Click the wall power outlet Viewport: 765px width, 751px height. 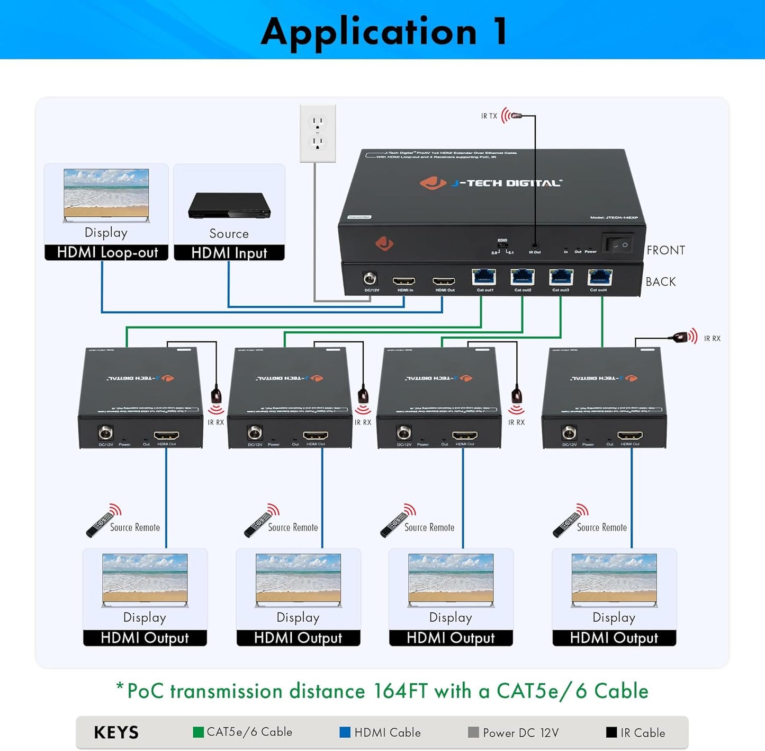point(318,132)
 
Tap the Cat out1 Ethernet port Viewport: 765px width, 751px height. point(484,277)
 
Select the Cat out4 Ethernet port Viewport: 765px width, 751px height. point(600,277)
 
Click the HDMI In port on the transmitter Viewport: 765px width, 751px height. point(404,281)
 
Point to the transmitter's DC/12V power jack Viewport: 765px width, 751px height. point(370,278)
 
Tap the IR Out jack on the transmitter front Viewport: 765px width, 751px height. point(535,245)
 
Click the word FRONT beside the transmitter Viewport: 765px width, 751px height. point(665,250)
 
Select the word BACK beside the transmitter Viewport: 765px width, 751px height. point(660,282)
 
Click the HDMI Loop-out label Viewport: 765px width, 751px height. point(107,253)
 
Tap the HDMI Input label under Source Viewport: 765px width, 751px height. point(229,253)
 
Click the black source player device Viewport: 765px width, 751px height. point(229,206)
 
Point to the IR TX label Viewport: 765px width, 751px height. point(489,116)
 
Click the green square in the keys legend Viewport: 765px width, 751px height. point(199,732)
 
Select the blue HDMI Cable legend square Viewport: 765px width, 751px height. point(345,732)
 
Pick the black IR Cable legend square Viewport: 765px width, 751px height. point(611,732)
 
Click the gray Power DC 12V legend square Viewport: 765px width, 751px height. point(473,732)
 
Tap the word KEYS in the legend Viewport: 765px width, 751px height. point(116,733)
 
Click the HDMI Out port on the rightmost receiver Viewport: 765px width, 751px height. point(630,436)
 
